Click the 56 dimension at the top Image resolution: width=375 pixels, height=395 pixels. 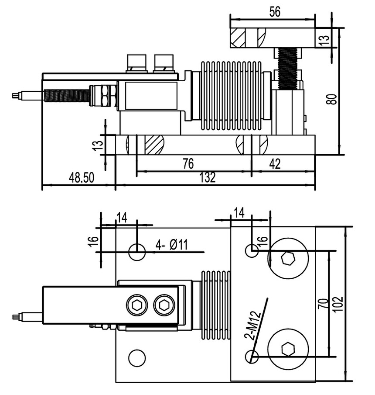(x=274, y=12)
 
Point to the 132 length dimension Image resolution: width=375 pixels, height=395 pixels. (x=208, y=177)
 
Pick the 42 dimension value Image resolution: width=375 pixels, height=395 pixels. (x=275, y=164)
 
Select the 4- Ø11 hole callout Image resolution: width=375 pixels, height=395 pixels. (x=171, y=245)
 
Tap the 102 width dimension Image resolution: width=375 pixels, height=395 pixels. (x=340, y=304)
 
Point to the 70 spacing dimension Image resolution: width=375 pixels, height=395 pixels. (x=323, y=304)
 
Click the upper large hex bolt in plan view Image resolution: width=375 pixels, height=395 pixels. (x=288, y=258)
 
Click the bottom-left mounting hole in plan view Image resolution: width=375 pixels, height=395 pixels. (x=137, y=358)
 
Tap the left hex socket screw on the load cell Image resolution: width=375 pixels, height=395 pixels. (x=136, y=305)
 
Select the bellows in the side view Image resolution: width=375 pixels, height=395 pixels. (x=230, y=96)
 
